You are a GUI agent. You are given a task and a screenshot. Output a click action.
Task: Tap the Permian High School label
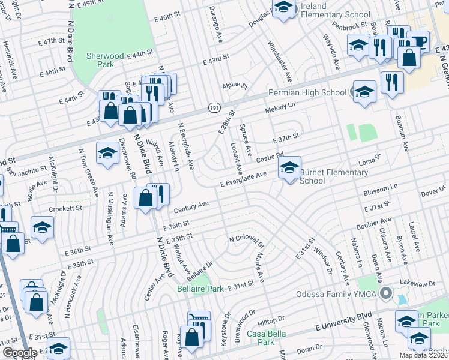pos(307,93)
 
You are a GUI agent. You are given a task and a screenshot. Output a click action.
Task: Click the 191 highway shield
pos(215,106)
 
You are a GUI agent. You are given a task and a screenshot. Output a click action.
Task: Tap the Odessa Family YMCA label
pos(338,294)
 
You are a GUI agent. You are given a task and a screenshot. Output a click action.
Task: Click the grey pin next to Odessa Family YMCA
pos(386,294)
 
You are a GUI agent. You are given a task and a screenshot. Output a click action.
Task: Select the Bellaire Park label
pos(200,289)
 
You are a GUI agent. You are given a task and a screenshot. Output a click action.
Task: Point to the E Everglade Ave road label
pos(243,179)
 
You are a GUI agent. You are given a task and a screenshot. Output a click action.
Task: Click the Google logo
pos(20,353)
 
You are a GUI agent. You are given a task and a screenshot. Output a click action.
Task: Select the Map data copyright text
pos(423,355)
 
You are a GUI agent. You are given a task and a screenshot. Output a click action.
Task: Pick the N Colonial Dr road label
pos(247,242)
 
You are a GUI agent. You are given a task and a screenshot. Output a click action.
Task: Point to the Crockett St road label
pos(65,208)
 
